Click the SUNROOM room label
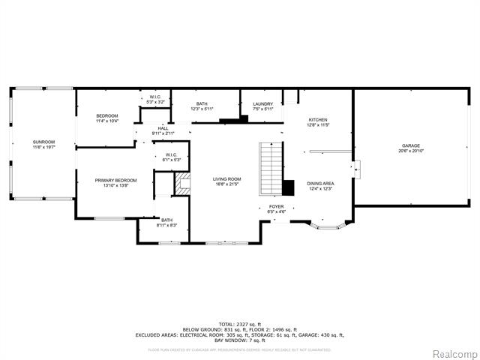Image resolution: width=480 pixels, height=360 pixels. pyautogui.click(x=43, y=141)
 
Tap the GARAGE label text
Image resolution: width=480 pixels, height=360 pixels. pyautogui.click(x=410, y=145)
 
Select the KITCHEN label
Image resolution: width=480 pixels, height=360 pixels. pyautogui.click(x=318, y=120)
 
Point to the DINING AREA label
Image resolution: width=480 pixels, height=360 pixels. pyautogui.click(x=320, y=184)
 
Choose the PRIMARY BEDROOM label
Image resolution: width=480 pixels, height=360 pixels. pyautogui.click(x=115, y=180)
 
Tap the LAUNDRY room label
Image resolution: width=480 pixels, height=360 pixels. pyautogui.click(x=262, y=104)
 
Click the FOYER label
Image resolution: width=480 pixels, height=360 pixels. pyautogui.click(x=277, y=206)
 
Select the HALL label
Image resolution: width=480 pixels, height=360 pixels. pyautogui.click(x=162, y=128)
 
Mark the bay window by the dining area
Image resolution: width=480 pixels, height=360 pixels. pyautogui.click(x=328, y=225)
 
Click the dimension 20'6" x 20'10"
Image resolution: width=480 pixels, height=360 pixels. pyautogui.click(x=410, y=151)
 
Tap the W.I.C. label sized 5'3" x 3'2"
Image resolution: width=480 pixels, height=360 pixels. pyautogui.click(x=155, y=97)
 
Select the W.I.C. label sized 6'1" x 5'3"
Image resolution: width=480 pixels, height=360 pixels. pyautogui.click(x=170, y=155)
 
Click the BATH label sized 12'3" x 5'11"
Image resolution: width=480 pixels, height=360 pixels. pyautogui.click(x=202, y=104)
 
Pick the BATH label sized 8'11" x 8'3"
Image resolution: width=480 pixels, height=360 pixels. pyautogui.click(x=166, y=220)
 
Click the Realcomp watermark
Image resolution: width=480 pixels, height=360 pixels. pyautogui.click(x=453, y=353)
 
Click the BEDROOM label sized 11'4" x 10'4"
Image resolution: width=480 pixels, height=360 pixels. pyautogui.click(x=107, y=115)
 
